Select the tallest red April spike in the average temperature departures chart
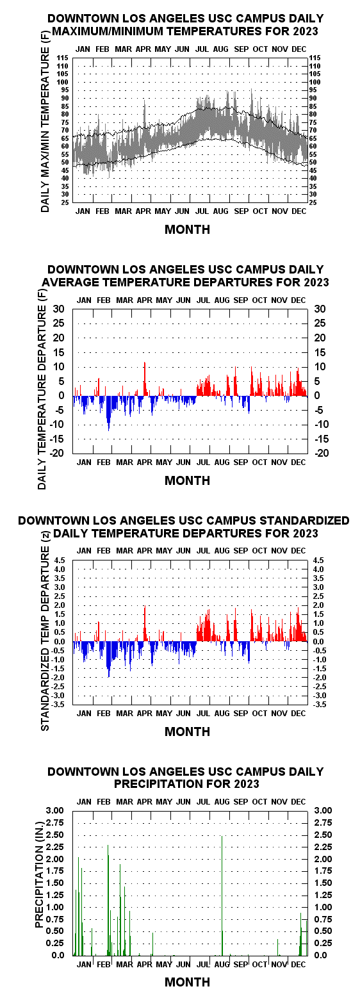(x=144, y=379)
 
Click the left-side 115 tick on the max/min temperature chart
(x=62, y=58)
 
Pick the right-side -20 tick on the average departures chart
(x=322, y=453)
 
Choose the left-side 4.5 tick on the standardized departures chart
(x=60, y=560)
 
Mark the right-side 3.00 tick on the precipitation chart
(x=323, y=810)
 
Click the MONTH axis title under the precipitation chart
(x=187, y=982)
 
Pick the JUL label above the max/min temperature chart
(x=202, y=49)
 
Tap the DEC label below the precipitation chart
(x=299, y=964)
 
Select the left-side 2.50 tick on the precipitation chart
(x=56, y=835)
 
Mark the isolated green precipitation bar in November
(x=277, y=947)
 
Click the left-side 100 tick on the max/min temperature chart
(x=62, y=82)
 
